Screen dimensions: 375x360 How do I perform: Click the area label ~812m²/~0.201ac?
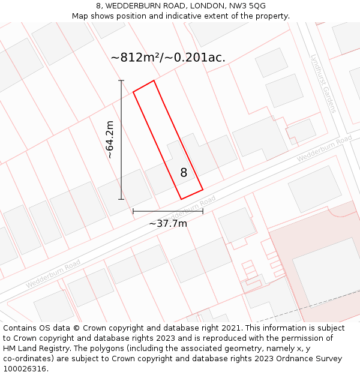[x=168, y=58]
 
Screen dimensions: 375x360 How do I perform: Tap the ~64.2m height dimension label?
[x=110, y=140]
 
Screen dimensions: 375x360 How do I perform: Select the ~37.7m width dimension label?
[x=168, y=224]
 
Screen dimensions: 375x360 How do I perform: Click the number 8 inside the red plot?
[x=184, y=173]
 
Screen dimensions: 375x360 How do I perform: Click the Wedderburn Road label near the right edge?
[x=325, y=149]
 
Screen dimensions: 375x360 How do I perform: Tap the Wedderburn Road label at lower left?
[x=53, y=274]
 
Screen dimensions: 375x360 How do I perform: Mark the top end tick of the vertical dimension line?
[x=121, y=80]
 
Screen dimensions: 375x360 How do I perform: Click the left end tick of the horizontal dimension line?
[x=133, y=211]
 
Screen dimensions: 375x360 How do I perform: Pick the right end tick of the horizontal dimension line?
[x=203, y=211]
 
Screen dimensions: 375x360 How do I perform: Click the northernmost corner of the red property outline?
[x=154, y=80]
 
